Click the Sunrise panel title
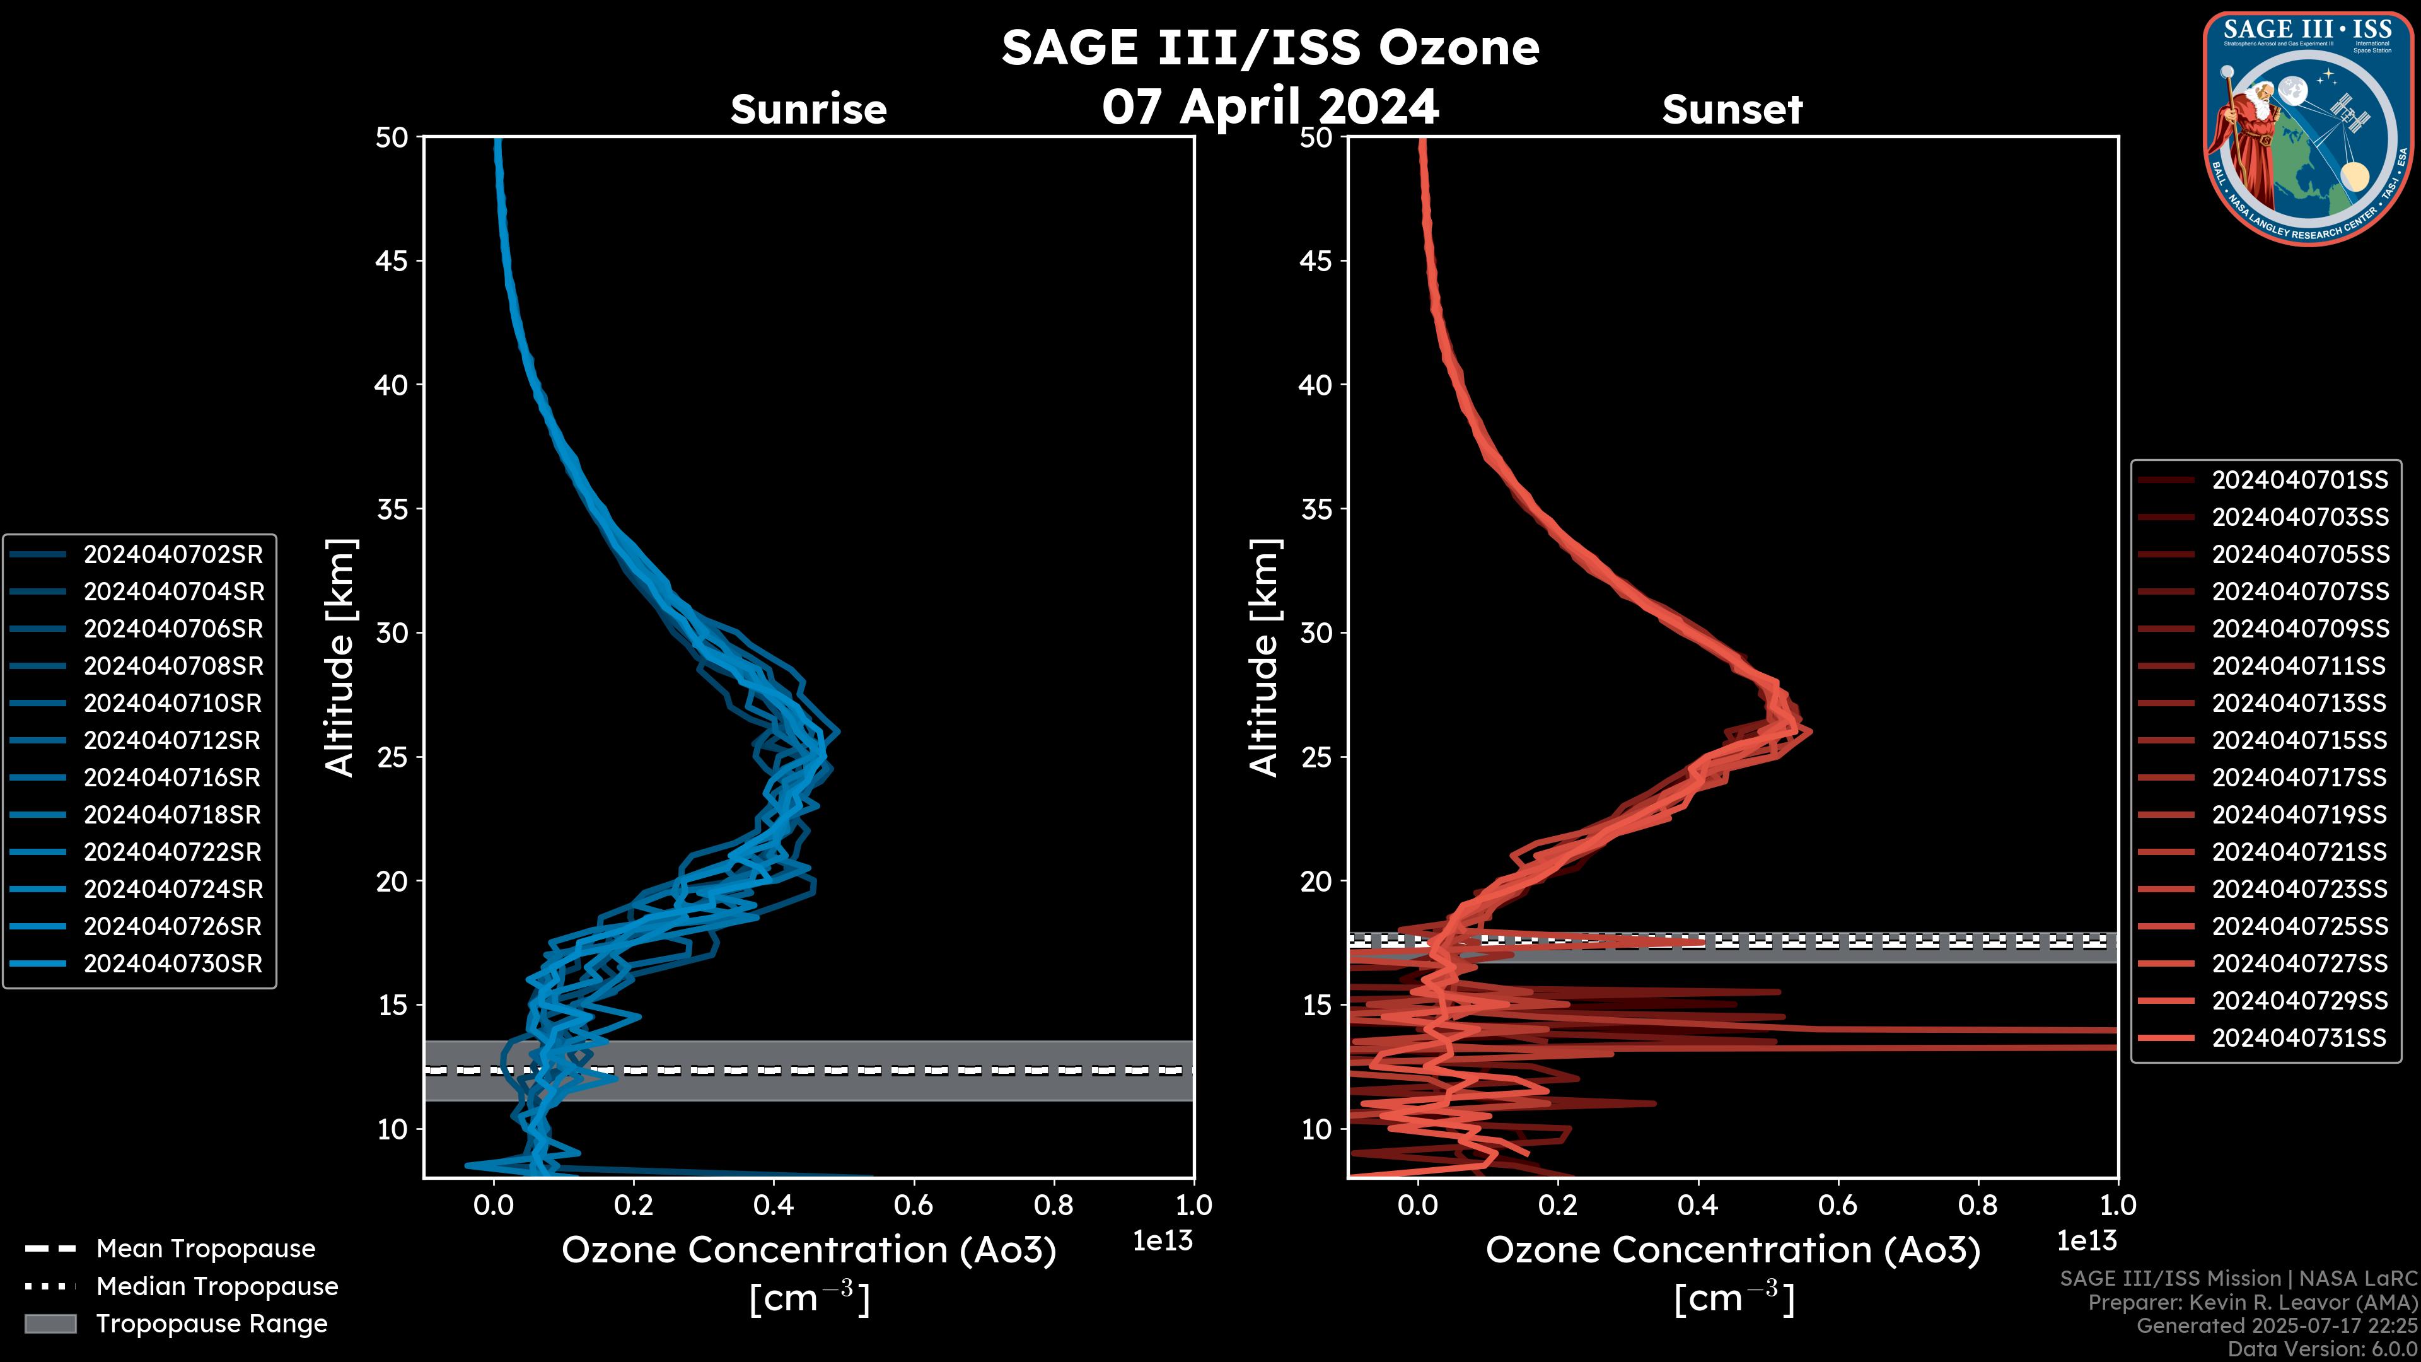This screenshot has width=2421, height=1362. (808, 110)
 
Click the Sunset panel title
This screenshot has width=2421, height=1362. (1732, 110)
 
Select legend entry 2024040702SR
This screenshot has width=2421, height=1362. (173, 555)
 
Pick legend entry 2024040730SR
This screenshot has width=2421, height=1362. (173, 963)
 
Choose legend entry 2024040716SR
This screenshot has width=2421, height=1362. (172, 777)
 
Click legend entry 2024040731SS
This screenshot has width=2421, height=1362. (2299, 1038)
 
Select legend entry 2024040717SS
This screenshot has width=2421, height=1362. (2299, 777)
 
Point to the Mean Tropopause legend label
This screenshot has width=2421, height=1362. (206, 1248)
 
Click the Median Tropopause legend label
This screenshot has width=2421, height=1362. (217, 1286)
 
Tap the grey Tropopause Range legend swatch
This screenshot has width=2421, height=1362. (50, 1324)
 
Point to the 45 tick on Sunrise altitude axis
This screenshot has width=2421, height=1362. (392, 261)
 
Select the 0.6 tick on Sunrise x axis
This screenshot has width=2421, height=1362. (914, 1205)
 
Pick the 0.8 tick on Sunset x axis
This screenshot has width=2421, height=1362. (1977, 1205)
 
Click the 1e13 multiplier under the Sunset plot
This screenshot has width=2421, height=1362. (2086, 1241)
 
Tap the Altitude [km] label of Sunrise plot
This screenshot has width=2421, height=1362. (339, 657)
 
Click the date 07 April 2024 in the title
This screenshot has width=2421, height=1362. (1270, 106)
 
